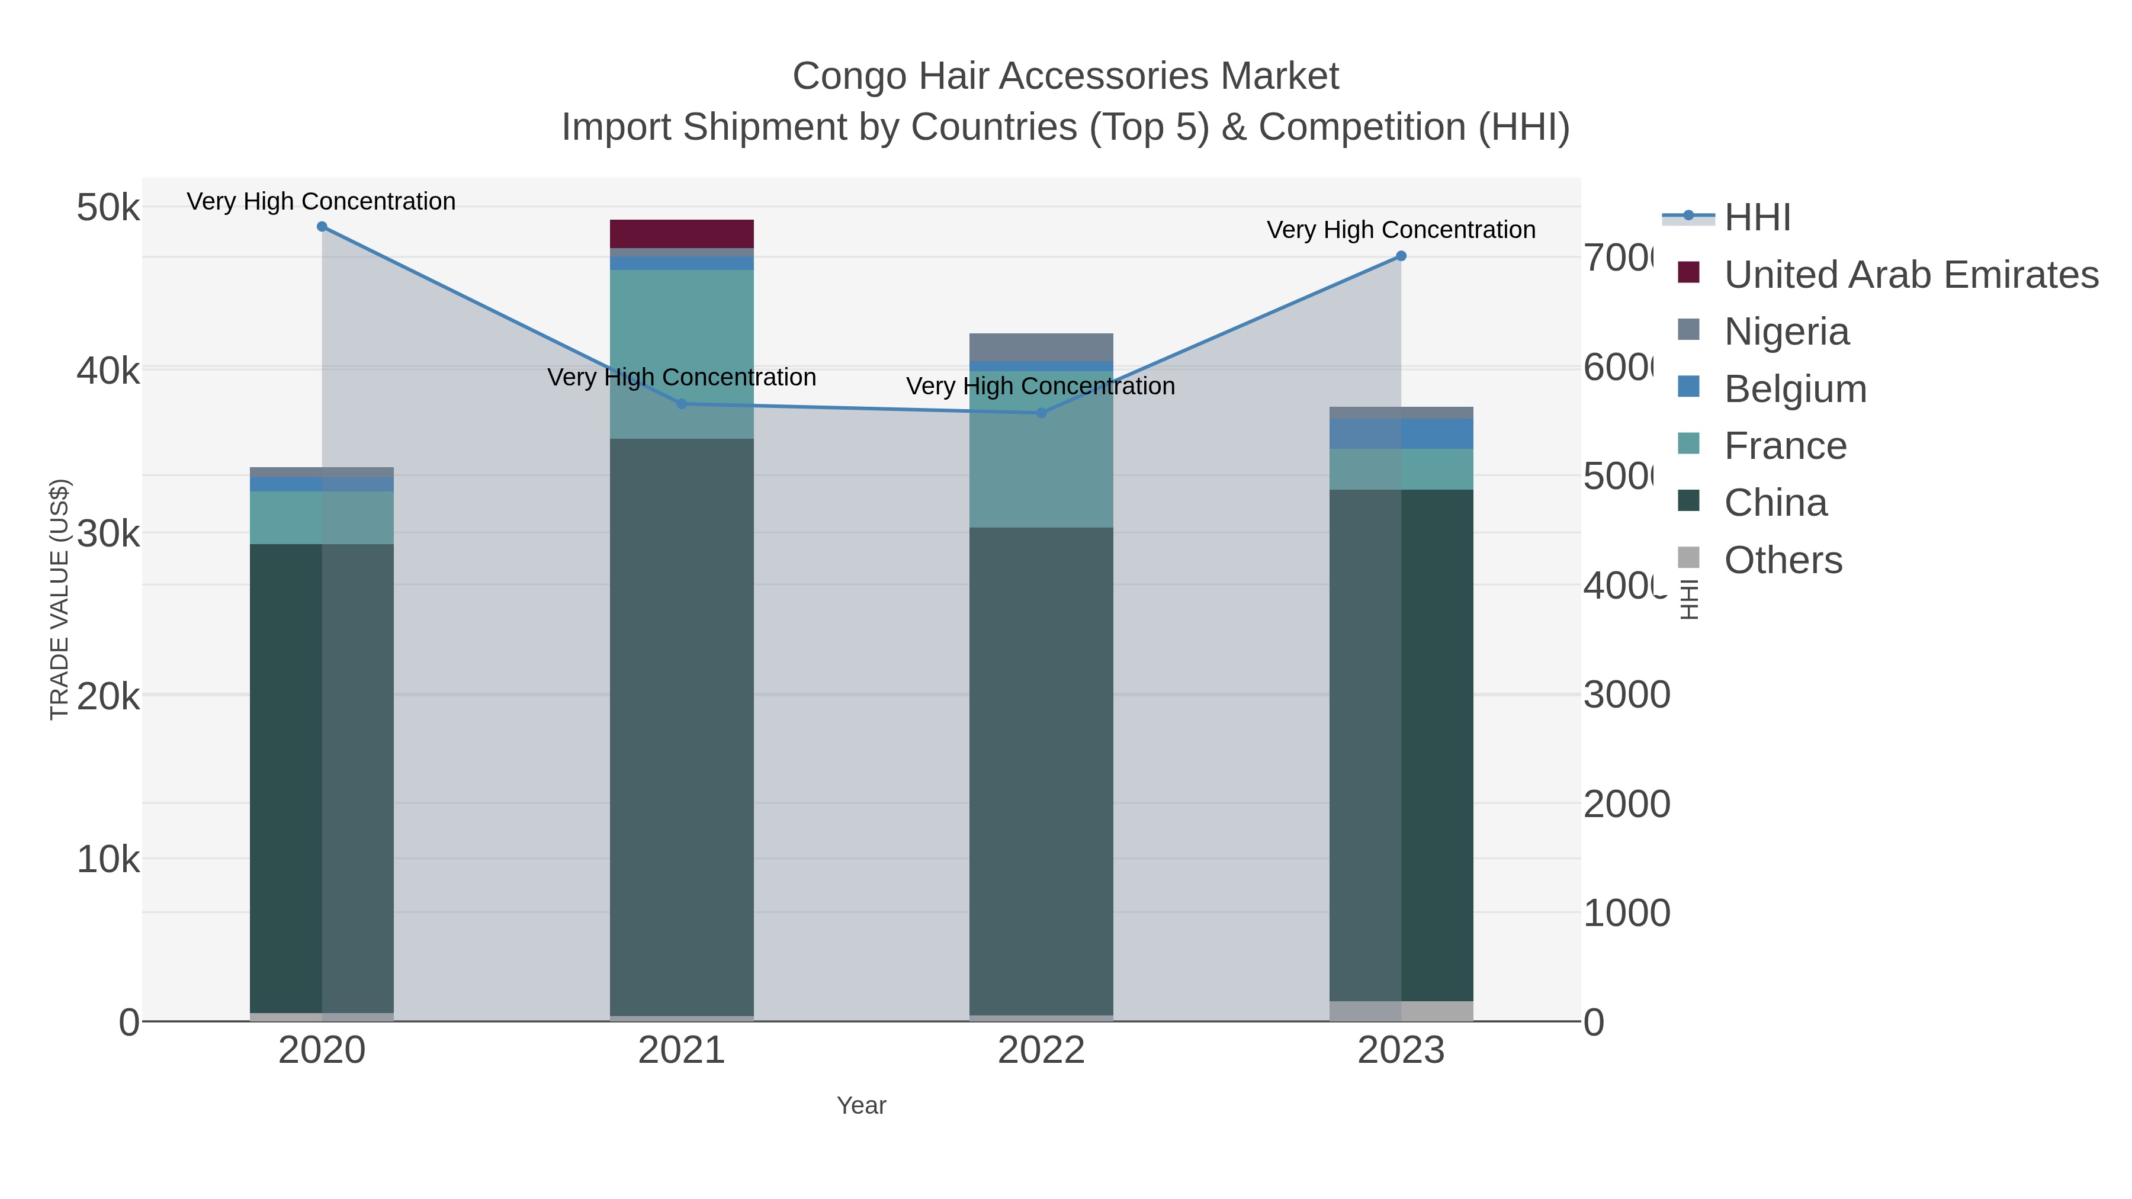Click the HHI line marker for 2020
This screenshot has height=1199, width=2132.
pyautogui.click(x=322, y=227)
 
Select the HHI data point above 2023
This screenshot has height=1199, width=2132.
pyautogui.click(x=1401, y=256)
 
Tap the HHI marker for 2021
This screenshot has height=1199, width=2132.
pyautogui.click(x=682, y=404)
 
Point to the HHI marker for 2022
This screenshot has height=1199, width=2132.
pyautogui.click(x=1041, y=413)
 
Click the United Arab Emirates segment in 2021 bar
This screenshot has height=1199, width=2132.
pyautogui.click(x=682, y=233)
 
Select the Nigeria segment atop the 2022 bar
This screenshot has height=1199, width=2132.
pyautogui.click(x=1041, y=347)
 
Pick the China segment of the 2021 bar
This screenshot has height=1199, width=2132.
pyautogui.click(x=682, y=728)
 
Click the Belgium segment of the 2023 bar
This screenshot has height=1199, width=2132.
pyautogui.click(x=1401, y=433)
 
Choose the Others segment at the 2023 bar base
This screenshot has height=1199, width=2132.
pyautogui.click(x=1401, y=1011)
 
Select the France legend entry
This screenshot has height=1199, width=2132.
pyautogui.click(x=1784, y=446)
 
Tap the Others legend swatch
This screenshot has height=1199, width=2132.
pyautogui.click(x=1688, y=558)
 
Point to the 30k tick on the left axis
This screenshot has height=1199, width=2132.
pyautogui.click(x=108, y=533)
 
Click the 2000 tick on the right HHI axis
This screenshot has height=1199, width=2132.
pyautogui.click(x=1626, y=803)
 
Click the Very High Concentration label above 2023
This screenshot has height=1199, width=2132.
pyautogui.click(x=1401, y=230)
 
